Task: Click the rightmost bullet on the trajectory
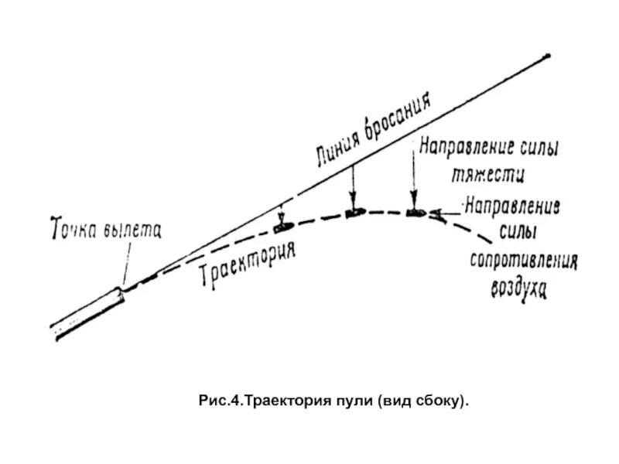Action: click(x=415, y=212)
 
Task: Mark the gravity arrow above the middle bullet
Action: click(x=354, y=186)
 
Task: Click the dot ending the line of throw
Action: click(x=548, y=56)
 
